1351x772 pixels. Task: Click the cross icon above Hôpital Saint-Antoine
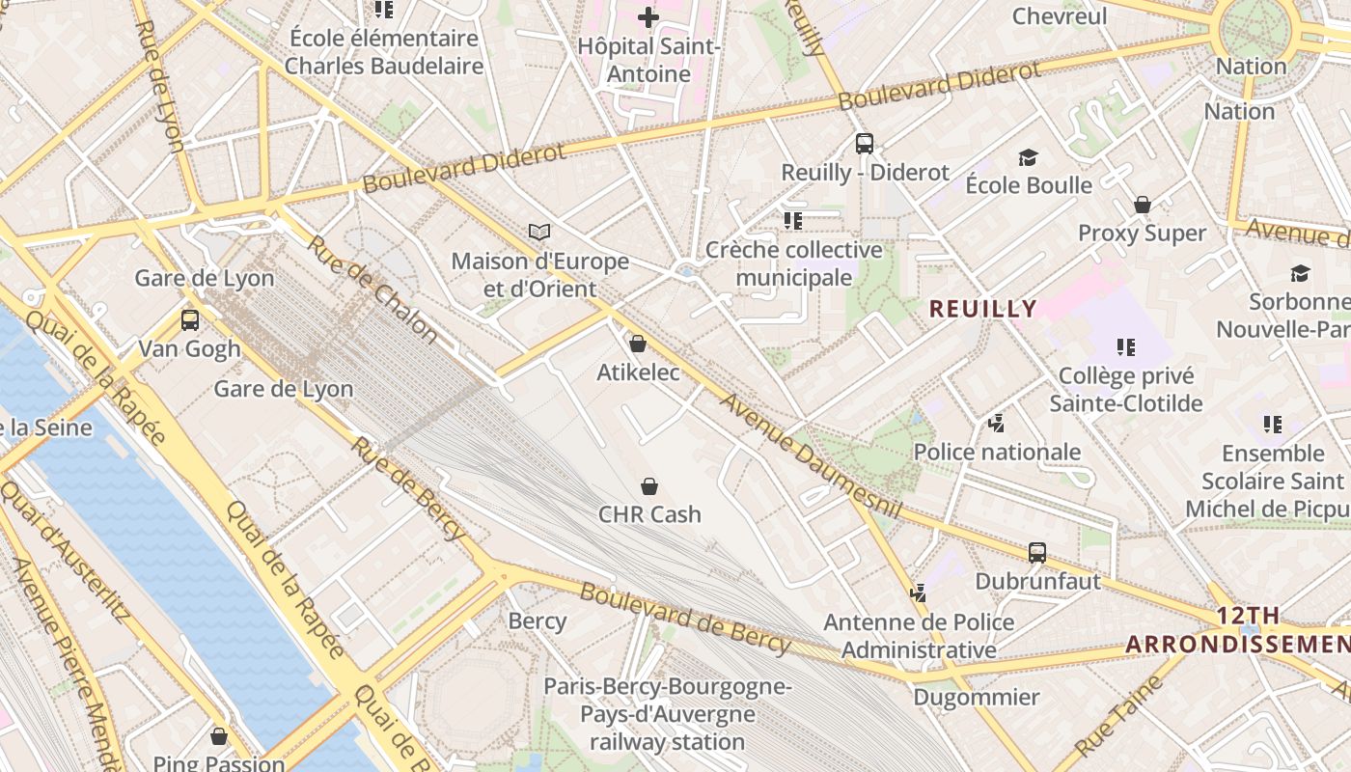648,16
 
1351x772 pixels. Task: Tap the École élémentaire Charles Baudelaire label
384,52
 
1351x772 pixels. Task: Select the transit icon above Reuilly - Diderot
865,144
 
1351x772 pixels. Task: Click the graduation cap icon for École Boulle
1028,157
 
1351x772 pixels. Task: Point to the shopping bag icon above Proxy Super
1143,205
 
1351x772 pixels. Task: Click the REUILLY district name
983,309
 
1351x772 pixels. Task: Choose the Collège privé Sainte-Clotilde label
1126,389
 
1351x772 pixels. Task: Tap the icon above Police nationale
997,423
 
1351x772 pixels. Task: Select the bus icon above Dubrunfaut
1037,553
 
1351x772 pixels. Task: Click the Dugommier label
977,697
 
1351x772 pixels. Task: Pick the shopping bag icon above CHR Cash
649,486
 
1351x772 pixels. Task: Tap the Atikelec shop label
638,372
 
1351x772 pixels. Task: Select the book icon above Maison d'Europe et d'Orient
539,232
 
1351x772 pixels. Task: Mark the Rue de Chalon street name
372,288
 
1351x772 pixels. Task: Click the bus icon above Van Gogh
190,319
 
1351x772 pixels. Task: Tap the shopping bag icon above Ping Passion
219,737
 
